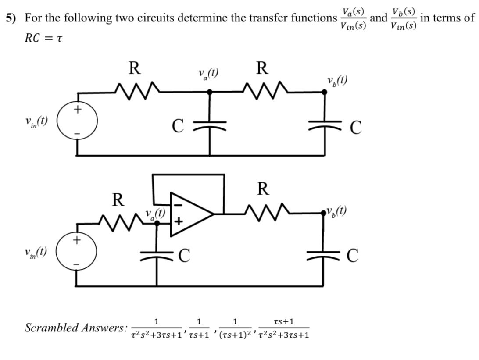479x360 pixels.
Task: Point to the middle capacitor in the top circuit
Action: coord(210,124)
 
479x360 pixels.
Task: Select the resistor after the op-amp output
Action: coord(263,213)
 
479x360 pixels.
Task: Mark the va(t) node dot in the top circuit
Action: coord(210,92)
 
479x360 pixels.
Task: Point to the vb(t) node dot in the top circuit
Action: coord(325,92)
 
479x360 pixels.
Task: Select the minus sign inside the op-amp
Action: coord(177,204)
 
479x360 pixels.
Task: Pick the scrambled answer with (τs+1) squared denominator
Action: coord(235,328)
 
